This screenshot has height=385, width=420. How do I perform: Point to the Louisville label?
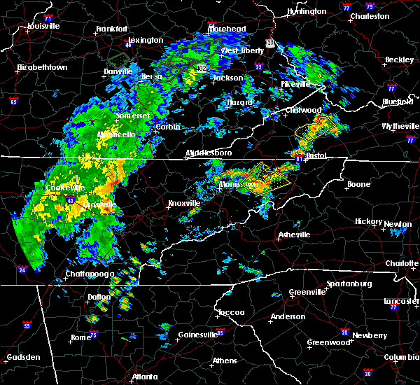pyautogui.click(x=43, y=27)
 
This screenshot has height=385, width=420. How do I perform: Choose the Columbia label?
pyautogui.click(x=401, y=357)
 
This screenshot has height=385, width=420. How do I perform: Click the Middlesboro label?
pyautogui.click(x=208, y=153)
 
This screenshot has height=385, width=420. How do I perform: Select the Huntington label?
pyautogui.click(x=306, y=12)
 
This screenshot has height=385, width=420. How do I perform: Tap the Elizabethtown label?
pyautogui.click(x=42, y=68)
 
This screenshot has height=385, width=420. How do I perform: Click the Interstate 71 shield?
pyautogui.click(x=48, y=17)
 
